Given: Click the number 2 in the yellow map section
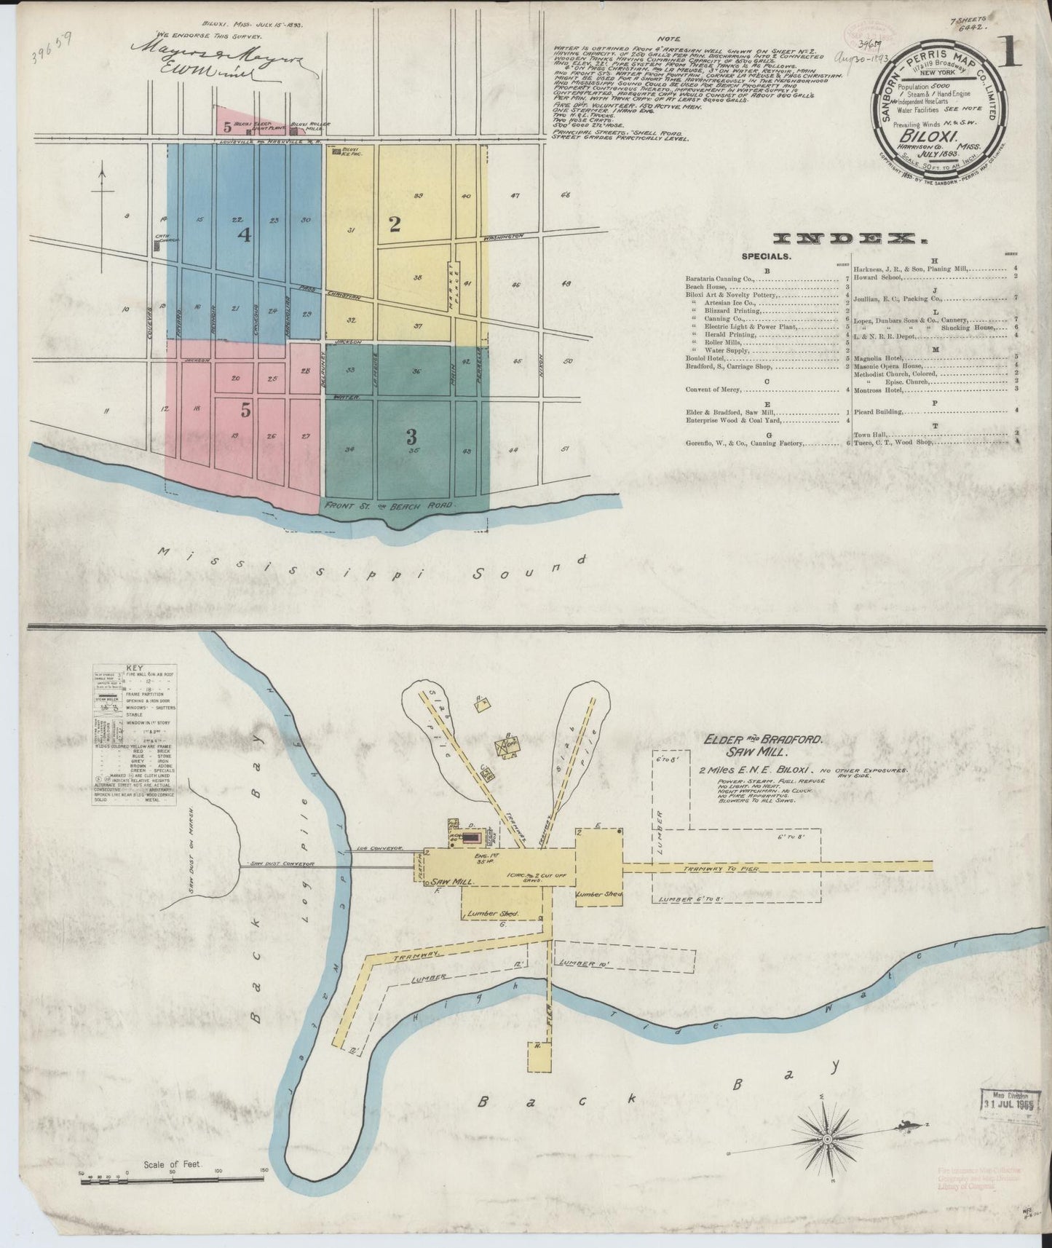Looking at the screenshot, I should pos(395,224).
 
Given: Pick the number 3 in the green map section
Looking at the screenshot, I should pos(411,437).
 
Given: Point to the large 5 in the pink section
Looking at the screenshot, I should pos(246,411).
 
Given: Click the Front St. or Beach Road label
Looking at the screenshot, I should pos(389,505).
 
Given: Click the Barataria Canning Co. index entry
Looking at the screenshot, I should pos(719,278).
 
